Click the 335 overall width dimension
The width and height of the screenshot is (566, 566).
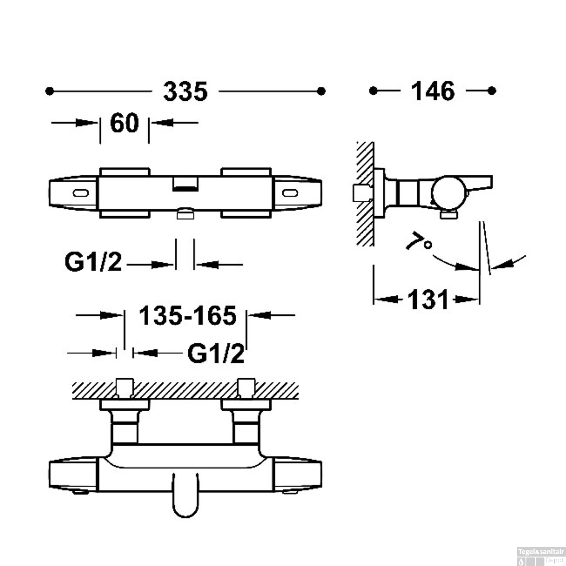[x=185, y=91]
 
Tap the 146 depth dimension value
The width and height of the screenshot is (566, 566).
[x=432, y=91]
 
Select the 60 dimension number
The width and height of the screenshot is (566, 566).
[x=125, y=123]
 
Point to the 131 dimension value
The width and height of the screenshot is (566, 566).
[x=428, y=300]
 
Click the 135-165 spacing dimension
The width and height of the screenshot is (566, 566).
[x=188, y=315]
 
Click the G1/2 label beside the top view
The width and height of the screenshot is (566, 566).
[x=93, y=262]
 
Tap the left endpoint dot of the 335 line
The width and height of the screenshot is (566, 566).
[x=49, y=91]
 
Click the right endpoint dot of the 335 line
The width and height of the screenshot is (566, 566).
[x=321, y=91]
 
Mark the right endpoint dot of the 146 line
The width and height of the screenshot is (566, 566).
[x=491, y=91]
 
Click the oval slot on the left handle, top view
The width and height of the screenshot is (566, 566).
[x=81, y=193]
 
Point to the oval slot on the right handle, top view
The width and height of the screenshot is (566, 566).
[x=290, y=193]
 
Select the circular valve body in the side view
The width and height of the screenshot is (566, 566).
[x=449, y=192]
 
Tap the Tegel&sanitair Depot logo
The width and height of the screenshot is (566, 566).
[x=541, y=557]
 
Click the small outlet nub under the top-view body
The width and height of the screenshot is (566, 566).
[x=185, y=214]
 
